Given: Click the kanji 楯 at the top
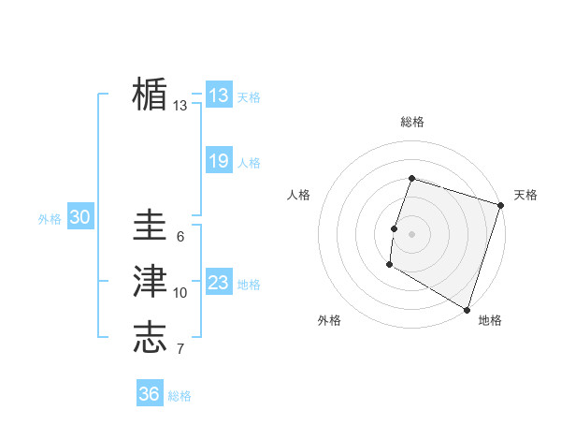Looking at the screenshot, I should tap(150, 95).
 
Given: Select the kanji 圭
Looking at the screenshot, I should tap(150, 227).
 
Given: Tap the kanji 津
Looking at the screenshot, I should tap(150, 283).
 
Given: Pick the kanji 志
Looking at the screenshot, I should tap(150, 338).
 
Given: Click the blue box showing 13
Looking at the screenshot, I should tap(219, 95).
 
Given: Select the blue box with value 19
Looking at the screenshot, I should tap(219, 161).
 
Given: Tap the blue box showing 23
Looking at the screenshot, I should tap(219, 283).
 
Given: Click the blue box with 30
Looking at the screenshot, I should tap(79, 217).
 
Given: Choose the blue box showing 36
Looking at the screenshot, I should tap(150, 394).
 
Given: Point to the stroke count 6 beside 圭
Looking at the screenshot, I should tap(180, 237).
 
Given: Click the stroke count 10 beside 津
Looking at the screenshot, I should tap(180, 293).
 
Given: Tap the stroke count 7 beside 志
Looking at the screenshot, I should tap(180, 350).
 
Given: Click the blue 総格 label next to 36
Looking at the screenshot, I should tap(180, 396).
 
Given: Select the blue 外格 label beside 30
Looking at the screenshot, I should tap(50, 219).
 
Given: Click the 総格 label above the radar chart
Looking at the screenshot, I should tap(412, 122).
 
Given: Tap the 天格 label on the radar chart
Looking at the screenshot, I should tap(525, 195).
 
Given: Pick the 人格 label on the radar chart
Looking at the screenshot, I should tap(298, 195).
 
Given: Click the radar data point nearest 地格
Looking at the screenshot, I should tap(467, 308).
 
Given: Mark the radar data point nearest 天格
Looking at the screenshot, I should tap(501, 205).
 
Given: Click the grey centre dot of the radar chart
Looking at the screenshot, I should tap(411, 234).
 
